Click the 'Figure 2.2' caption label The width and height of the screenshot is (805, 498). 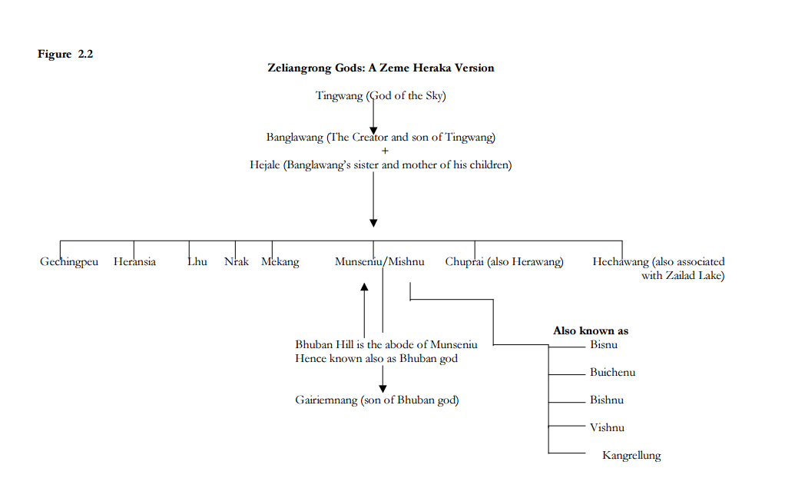pos(65,55)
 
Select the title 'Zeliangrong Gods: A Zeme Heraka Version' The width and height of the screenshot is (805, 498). pos(380,68)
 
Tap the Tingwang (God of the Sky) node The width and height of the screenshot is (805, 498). pos(380,96)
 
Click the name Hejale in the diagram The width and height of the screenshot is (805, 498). pos(265,164)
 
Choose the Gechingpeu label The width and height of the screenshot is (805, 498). pos(69,262)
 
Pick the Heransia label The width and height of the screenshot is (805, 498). pos(134,262)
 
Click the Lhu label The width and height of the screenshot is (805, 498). pos(197,262)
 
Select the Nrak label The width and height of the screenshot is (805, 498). pos(237,262)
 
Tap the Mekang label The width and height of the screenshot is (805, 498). pos(280,262)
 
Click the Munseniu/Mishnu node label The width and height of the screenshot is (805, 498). pos(379,262)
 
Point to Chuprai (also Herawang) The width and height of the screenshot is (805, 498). pos(504,262)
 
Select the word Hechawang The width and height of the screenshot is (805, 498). pos(620,262)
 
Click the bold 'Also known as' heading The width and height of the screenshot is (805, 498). pos(591,331)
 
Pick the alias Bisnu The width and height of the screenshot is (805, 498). pos(603,345)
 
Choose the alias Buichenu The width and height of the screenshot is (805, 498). pos(612,373)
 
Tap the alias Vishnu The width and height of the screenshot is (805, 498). pos(607,428)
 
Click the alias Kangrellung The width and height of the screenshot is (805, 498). pos(631,456)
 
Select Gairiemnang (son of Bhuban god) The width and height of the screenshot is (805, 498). pos(376,400)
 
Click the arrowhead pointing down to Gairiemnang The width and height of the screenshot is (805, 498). pos(383,389)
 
